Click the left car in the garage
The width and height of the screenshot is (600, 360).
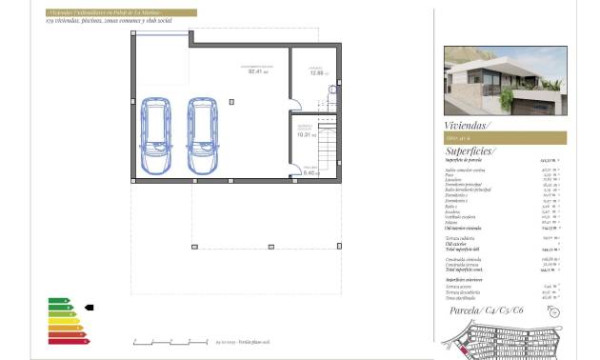[153, 134]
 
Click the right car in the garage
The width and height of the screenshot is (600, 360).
[204, 134]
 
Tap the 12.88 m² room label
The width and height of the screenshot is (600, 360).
[315, 71]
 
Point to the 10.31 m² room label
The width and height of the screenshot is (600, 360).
[306, 133]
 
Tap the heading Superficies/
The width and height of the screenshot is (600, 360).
[470, 150]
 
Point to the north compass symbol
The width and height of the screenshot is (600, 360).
[555, 311]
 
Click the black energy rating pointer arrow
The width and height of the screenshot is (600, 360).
[89, 308]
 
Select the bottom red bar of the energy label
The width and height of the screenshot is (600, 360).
[69, 340]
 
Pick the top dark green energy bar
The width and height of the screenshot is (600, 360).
[58, 301]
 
